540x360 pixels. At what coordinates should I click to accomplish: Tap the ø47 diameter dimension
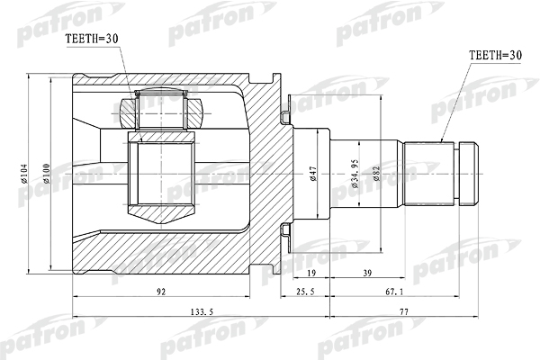click(x=312, y=174)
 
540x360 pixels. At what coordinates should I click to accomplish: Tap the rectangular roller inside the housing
click(x=164, y=174)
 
